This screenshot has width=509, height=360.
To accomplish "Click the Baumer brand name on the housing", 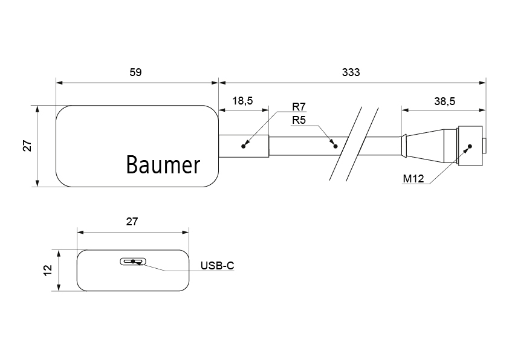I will coord(163,164).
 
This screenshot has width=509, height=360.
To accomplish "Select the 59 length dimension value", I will coord(135,72).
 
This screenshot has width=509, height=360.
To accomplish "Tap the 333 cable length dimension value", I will coord(351,72).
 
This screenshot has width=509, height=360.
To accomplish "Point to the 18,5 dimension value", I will coord(242,101).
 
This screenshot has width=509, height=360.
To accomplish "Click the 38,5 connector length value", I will coord(444,101).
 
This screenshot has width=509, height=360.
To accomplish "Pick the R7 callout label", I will coord(299,108).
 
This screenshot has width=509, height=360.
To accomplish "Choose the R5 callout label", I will coord(299,120).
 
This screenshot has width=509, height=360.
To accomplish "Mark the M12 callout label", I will coord(413,179).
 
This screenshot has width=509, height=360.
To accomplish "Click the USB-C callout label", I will coord(217,265).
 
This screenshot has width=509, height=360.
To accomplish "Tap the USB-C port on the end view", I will coord(133,262).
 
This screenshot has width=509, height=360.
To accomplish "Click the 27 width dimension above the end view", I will coord(132,222).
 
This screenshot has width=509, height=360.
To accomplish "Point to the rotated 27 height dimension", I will coord(27,146).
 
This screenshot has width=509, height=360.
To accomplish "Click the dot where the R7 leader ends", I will coord(244,146).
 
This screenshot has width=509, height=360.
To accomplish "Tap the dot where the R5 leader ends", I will coord(334,146).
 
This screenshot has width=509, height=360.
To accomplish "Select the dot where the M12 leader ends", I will coord(470,146).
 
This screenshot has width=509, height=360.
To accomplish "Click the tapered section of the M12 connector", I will coord(423,146).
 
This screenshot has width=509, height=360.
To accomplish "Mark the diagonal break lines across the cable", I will coord(354,144).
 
